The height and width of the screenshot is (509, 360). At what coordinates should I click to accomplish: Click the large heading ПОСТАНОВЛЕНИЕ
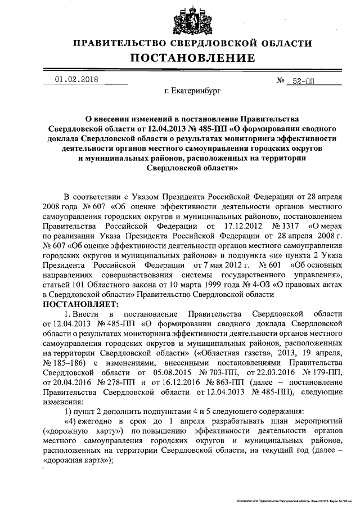tap(193, 58)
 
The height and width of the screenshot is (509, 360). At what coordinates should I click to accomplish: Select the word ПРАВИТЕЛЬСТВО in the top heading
tap(119, 43)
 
